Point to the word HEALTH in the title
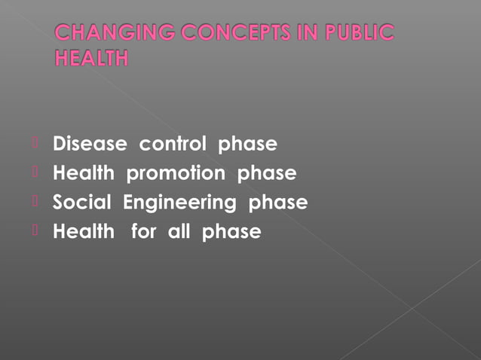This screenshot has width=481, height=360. [91, 57]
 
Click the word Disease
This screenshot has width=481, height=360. [90, 144]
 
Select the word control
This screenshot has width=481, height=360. [173, 144]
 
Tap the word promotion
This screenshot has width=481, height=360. [175, 174]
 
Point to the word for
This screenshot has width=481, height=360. [143, 231]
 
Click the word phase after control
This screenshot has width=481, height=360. [247, 145]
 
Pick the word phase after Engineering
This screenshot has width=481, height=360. [278, 203]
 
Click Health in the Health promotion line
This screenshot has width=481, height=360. [83, 173]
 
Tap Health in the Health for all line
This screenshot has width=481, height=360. [83, 231]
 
